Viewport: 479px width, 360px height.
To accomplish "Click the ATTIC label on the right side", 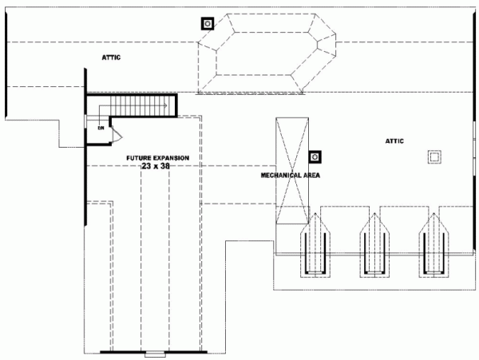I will pyautogui.click(x=394, y=141).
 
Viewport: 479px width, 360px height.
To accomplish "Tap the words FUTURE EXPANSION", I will pyautogui.click(x=157, y=159).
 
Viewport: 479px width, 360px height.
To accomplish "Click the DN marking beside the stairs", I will pyautogui.click(x=101, y=128).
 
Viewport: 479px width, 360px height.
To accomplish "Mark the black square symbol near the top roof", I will pyautogui.click(x=208, y=24).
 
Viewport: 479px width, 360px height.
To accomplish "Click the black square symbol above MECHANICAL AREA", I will pyautogui.click(x=315, y=156).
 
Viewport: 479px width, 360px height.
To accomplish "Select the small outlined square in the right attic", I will pyautogui.click(x=434, y=156).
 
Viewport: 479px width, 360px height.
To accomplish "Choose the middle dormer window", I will pyautogui.click(x=374, y=243).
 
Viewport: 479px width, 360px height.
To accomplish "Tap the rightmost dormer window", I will pyautogui.click(x=433, y=243).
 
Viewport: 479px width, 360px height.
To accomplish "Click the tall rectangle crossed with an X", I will pyautogui.click(x=290, y=172).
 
